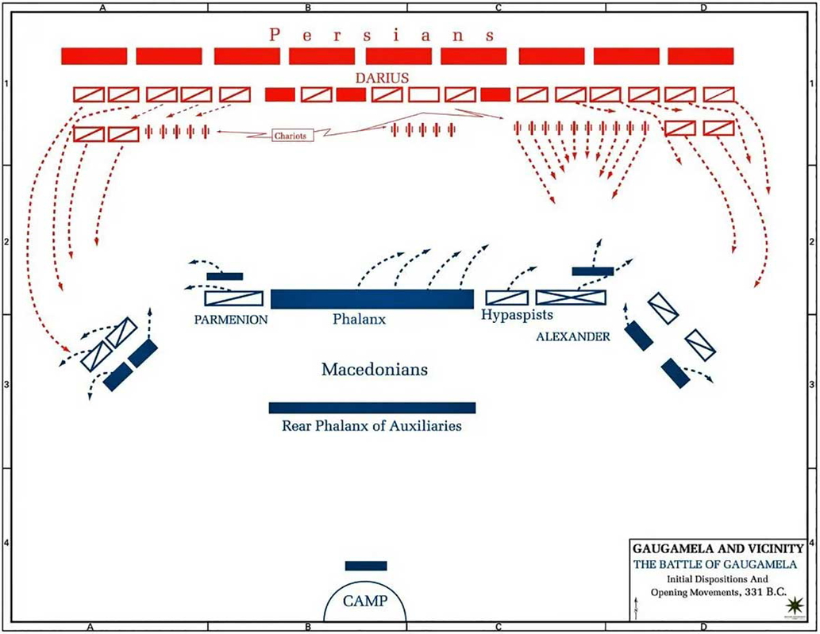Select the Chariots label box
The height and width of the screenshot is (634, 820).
pyautogui.click(x=289, y=135)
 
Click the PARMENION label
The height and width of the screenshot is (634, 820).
pyautogui.click(x=229, y=319)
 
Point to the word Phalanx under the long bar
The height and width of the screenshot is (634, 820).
pyautogui.click(x=360, y=320)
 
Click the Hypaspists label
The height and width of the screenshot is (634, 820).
pyautogui.click(x=517, y=315)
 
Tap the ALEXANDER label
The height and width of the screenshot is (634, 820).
pyautogui.click(x=572, y=336)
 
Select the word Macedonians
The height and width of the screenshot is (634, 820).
pyautogui.click(x=375, y=370)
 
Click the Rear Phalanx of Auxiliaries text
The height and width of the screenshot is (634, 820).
pyautogui.click(x=372, y=426)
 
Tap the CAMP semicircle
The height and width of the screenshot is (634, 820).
pyautogui.click(x=365, y=603)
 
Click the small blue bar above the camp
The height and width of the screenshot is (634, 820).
pyautogui.click(x=366, y=566)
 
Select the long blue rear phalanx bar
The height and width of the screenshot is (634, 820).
pyautogui.click(x=372, y=408)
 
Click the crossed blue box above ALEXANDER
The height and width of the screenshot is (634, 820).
pyautogui.click(x=571, y=298)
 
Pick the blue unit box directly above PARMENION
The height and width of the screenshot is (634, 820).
pyautogui.click(x=233, y=298)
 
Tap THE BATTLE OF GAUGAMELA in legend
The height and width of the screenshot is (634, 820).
pyautogui.click(x=718, y=564)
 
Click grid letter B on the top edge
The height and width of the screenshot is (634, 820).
pyautogui.click(x=306, y=6)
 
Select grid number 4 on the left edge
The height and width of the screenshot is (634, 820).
pyautogui.click(x=6, y=544)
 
